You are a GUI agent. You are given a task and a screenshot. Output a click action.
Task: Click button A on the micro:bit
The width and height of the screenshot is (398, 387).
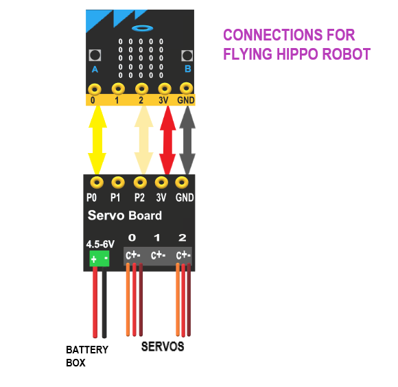pyautogui.click(x=95, y=56)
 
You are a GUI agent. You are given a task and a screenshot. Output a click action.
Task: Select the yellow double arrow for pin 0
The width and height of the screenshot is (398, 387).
pyautogui.click(x=97, y=140)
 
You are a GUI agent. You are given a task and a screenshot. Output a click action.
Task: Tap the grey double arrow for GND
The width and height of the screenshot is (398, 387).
pyautogui.click(x=187, y=140)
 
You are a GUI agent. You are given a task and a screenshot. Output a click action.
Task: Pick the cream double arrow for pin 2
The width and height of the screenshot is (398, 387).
pyautogui.click(x=143, y=140)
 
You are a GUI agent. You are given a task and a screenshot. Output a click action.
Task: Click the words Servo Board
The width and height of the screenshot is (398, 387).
pyautogui.click(x=125, y=215)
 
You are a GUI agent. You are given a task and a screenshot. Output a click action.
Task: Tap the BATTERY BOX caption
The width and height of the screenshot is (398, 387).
pyautogui.click(x=86, y=355)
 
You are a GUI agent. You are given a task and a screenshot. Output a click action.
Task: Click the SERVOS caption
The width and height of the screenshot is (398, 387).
pyautogui.click(x=163, y=347)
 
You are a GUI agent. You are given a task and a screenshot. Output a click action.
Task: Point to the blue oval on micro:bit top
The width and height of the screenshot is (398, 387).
pyautogui.click(x=143, y=28)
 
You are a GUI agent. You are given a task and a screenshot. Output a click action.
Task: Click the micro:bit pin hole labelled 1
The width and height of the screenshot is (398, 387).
pyautogui.click(x=118, y=89)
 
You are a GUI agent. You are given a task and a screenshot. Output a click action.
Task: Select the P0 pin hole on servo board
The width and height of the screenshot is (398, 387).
pyautogui.click(x=97, y=182)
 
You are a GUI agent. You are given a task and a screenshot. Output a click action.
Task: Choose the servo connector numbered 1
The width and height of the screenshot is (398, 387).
pyautogui.click(x=157, y=255)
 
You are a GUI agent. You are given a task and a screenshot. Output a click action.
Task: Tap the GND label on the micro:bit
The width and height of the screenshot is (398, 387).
pyautogui.click(x=186, y=101)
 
